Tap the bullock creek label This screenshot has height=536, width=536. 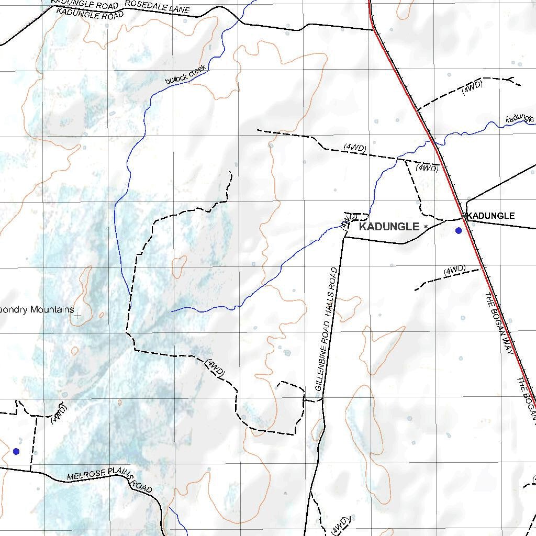point(186,74)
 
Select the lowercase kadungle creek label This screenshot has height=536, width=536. point(520,119)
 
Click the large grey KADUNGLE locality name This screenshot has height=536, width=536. point(389,227)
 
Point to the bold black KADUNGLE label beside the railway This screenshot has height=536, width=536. point(491,216)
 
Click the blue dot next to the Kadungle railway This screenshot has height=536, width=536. point(459,230)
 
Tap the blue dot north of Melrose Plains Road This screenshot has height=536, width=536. point(16,451)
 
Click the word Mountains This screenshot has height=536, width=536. point(52,309)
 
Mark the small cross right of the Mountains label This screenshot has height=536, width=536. point(77,315)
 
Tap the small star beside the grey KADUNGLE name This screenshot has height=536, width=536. point(426,226)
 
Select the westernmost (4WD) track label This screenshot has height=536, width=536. point(59,413)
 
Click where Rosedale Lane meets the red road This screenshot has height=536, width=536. point(373,29)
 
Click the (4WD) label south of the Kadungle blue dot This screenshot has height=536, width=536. point(454,270)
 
